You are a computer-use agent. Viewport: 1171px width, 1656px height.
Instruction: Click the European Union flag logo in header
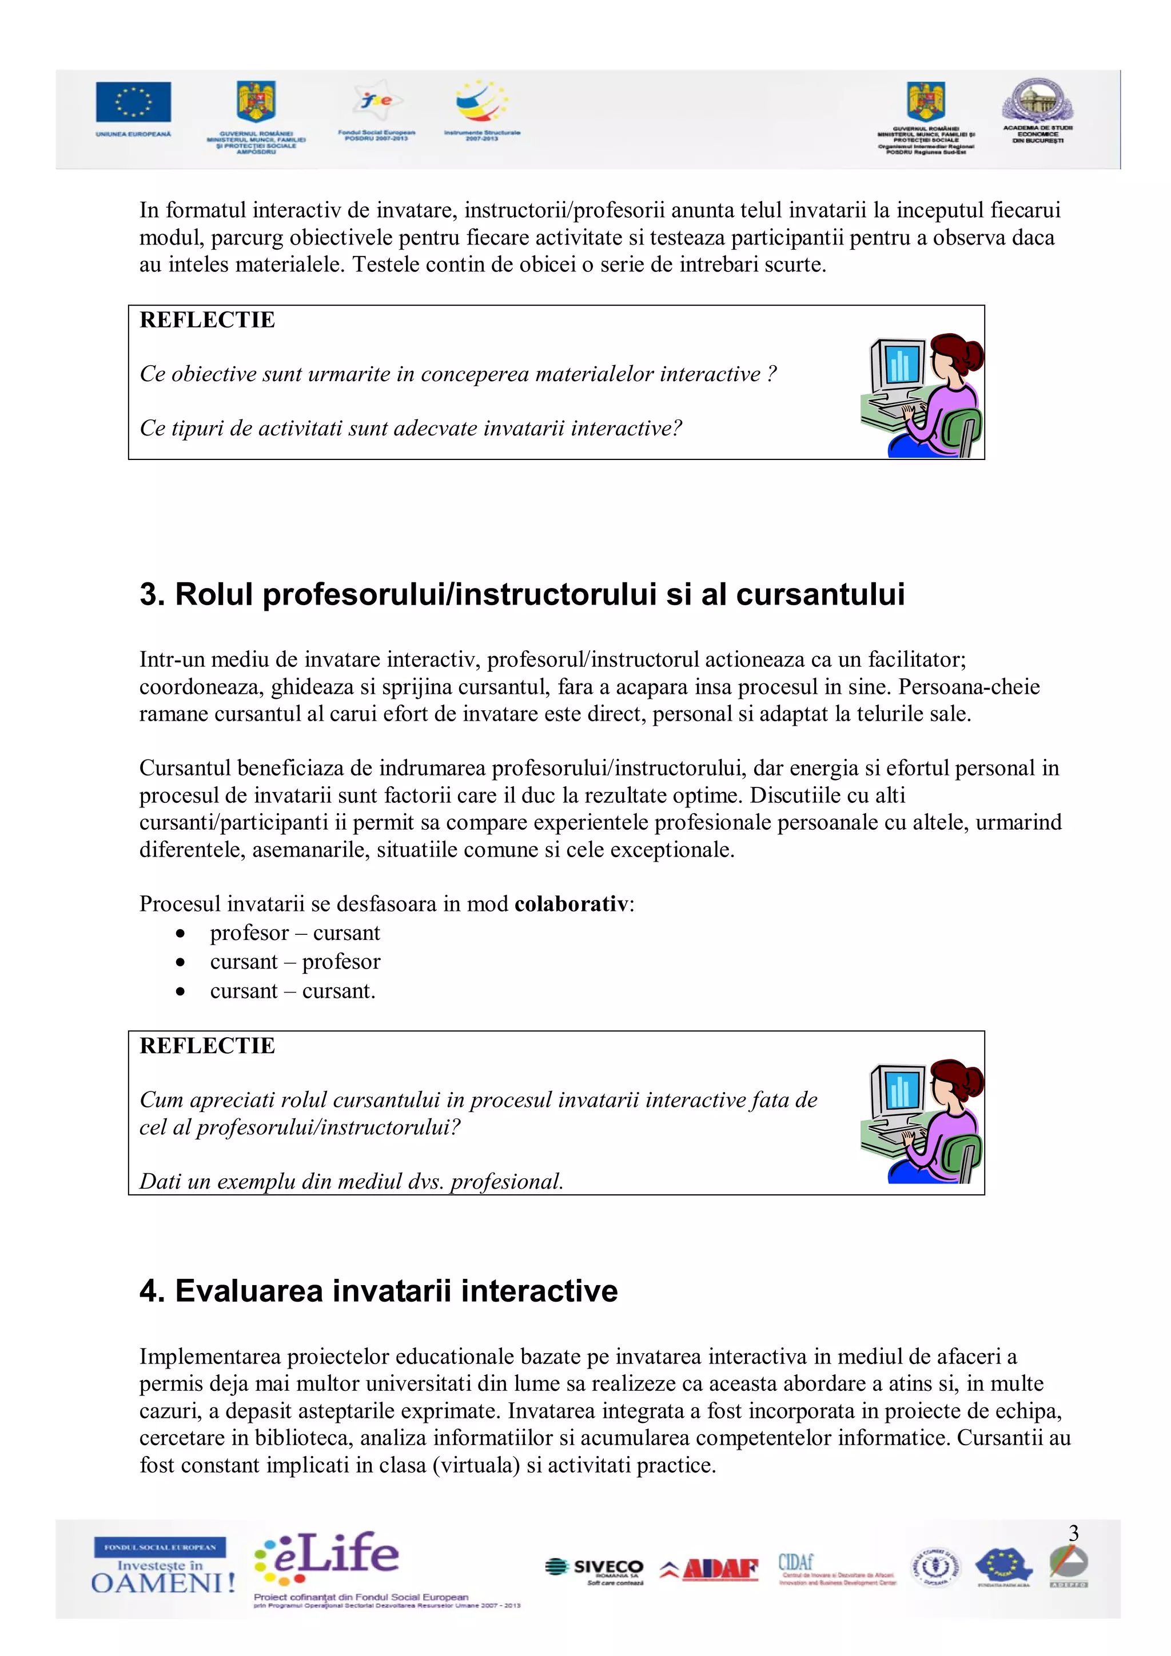[133, 102]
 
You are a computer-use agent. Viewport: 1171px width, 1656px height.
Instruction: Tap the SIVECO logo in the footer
[595, 1569]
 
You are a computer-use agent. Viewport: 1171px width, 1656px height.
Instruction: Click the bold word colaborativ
[571, 904]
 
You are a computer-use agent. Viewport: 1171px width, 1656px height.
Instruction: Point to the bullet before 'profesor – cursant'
[180, 934]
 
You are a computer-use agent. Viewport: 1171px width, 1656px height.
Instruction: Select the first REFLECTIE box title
[207, 319]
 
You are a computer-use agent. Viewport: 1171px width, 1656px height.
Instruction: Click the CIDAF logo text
[796, 1562]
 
